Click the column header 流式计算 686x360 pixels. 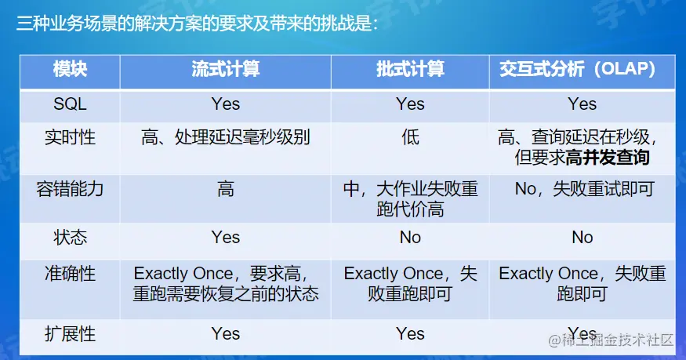click(225, 69)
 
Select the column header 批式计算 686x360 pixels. click(410, 69)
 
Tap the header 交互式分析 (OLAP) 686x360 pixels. click(578, 69)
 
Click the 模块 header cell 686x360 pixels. click(70, 69)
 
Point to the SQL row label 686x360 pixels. click(70, 104)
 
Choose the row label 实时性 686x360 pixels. click(70, 137)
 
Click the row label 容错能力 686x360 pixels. click(70, 189)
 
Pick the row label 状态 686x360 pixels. click(70, 237)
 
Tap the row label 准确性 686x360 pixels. click(70, 274)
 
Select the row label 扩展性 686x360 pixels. click(70, 334)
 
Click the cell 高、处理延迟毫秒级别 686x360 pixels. click(225, 137)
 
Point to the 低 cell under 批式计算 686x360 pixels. click(410, 137)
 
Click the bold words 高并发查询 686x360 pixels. click(608, 158)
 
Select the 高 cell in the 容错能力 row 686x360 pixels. click(225, 189)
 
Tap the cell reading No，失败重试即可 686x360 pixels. click(585, 189)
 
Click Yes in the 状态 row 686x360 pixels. click(225, 237)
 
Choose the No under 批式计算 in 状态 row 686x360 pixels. click(410, 237)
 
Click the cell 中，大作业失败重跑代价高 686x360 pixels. click(410, 199)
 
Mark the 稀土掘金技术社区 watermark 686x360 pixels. click(611, 340)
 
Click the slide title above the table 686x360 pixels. click(197, 24)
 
